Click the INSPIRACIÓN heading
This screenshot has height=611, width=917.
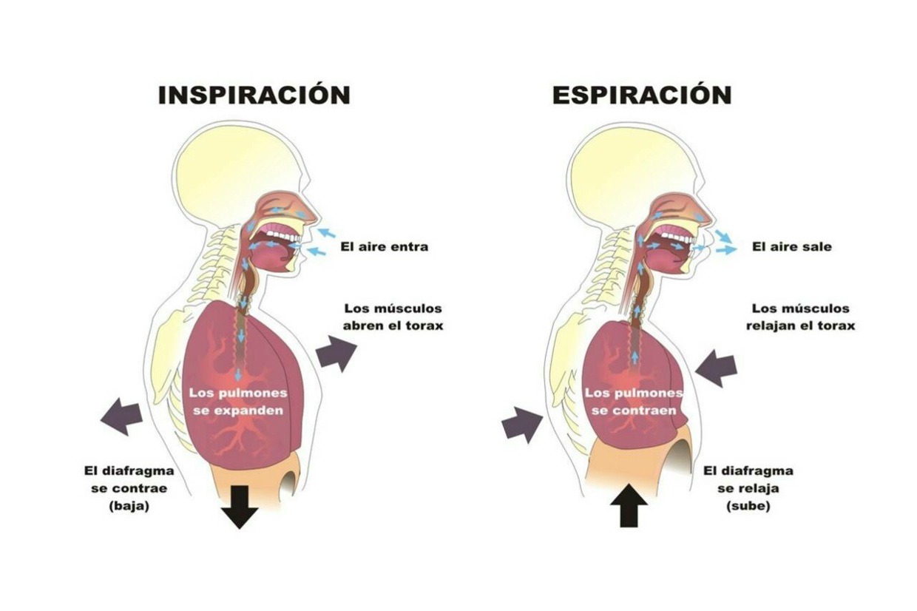(254, 95)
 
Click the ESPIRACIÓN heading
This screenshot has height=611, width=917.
(641, 95)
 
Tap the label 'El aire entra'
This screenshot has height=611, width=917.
(384, 246)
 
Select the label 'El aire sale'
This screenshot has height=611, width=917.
(791, 246)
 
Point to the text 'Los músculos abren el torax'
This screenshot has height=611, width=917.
(393, 317)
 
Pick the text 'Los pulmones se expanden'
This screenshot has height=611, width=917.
(238, 401)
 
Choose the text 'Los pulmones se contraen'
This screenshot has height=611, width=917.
(634, 401)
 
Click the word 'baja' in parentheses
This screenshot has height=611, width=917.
(129, 507)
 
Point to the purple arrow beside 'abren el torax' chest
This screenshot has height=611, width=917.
(336, 353)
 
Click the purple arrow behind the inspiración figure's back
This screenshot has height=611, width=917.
(122, 415)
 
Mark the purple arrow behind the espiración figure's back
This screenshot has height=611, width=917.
(522, 425)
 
